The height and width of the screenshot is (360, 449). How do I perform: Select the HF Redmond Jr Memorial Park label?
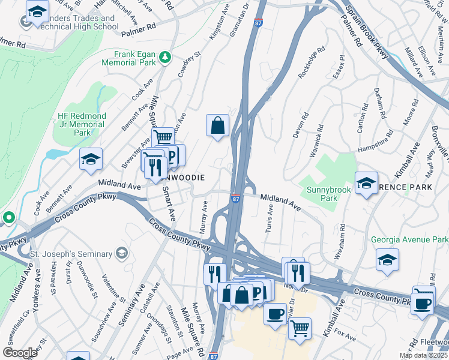(x=82, y=124)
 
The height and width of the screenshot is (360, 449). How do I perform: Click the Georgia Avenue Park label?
(x=409, y=239)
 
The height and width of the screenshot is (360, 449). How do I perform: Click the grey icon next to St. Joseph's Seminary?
(x=122, y=251)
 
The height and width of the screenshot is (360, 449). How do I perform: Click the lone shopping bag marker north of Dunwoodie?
(x=217, y=126)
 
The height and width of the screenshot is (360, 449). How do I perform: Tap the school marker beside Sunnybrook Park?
(x=366, y=184)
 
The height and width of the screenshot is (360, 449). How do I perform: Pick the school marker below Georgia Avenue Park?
(x=388, y=260)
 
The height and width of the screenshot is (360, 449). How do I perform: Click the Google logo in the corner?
(x=20, y=352)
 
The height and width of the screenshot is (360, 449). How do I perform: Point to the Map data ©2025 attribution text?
(x=423, y=355)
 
